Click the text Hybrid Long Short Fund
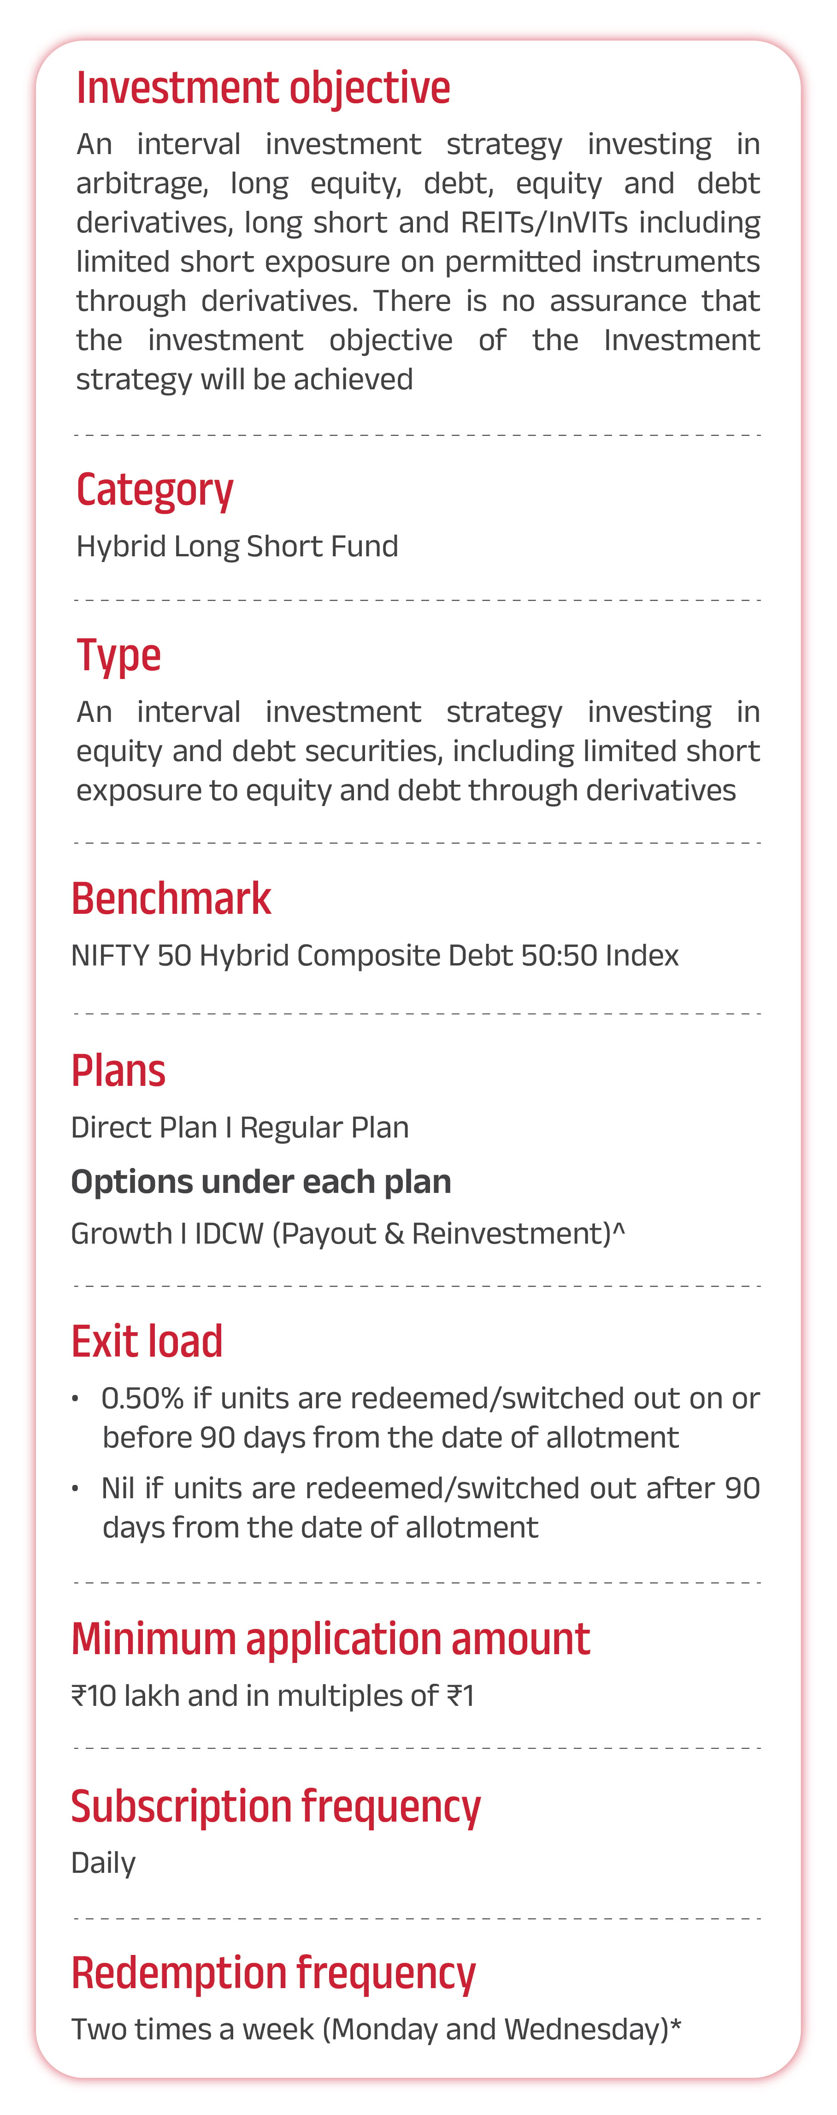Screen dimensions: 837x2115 coord(237,546)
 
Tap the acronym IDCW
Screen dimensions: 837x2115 coord(229,1234)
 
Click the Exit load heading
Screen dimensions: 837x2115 coord(147,1341)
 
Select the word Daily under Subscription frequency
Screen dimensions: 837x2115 coord(103,1864)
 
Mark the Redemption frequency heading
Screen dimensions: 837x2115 coord(273,1974)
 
